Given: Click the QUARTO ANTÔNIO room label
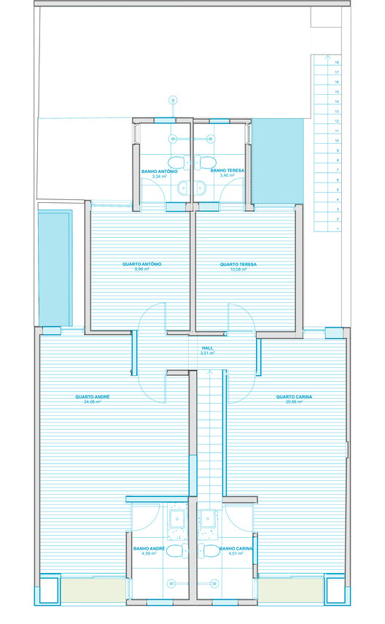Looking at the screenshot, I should click(141, 263).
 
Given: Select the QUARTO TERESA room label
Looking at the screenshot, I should click(239, 263).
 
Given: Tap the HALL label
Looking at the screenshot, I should click(207, 349).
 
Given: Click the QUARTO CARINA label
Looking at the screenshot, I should click(295, 397).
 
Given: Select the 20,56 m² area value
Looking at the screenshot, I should click(295, 402).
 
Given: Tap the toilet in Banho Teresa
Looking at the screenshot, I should click(207, 162).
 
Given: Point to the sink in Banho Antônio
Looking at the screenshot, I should click(182, 188).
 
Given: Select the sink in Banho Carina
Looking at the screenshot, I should click(208, 519).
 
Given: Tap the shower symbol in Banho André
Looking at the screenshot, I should click(172, 582).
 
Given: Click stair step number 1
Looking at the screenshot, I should click(337, 228).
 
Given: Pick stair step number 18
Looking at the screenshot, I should click(337, 63).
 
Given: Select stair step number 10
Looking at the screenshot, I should click(337, 140).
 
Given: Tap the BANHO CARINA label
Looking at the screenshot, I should click(236, 547).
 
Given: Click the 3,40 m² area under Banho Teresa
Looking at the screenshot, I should click(226, 176).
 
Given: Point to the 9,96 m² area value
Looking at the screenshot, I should click(141, 269).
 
